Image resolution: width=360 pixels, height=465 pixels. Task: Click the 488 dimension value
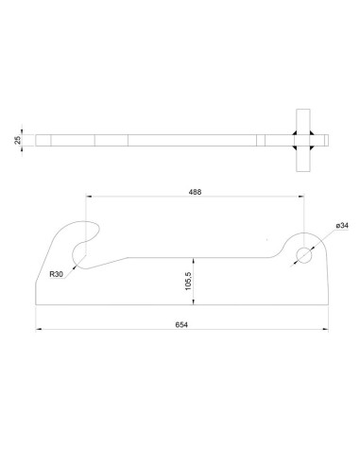click(195, 192)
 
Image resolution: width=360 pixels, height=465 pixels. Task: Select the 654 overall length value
click(181, 324)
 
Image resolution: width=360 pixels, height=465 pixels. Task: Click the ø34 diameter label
click(342, 226)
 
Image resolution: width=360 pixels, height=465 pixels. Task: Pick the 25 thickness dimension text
click(19, 140)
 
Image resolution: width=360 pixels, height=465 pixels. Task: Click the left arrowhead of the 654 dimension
click(38, 330)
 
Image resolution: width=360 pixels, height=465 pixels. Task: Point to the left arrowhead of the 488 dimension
click(87, 198)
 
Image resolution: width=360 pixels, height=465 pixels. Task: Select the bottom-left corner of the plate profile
click(36, 304)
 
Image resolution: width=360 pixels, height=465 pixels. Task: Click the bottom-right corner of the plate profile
click(327, 304)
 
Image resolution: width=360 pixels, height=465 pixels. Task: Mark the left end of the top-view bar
click(36, 140)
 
